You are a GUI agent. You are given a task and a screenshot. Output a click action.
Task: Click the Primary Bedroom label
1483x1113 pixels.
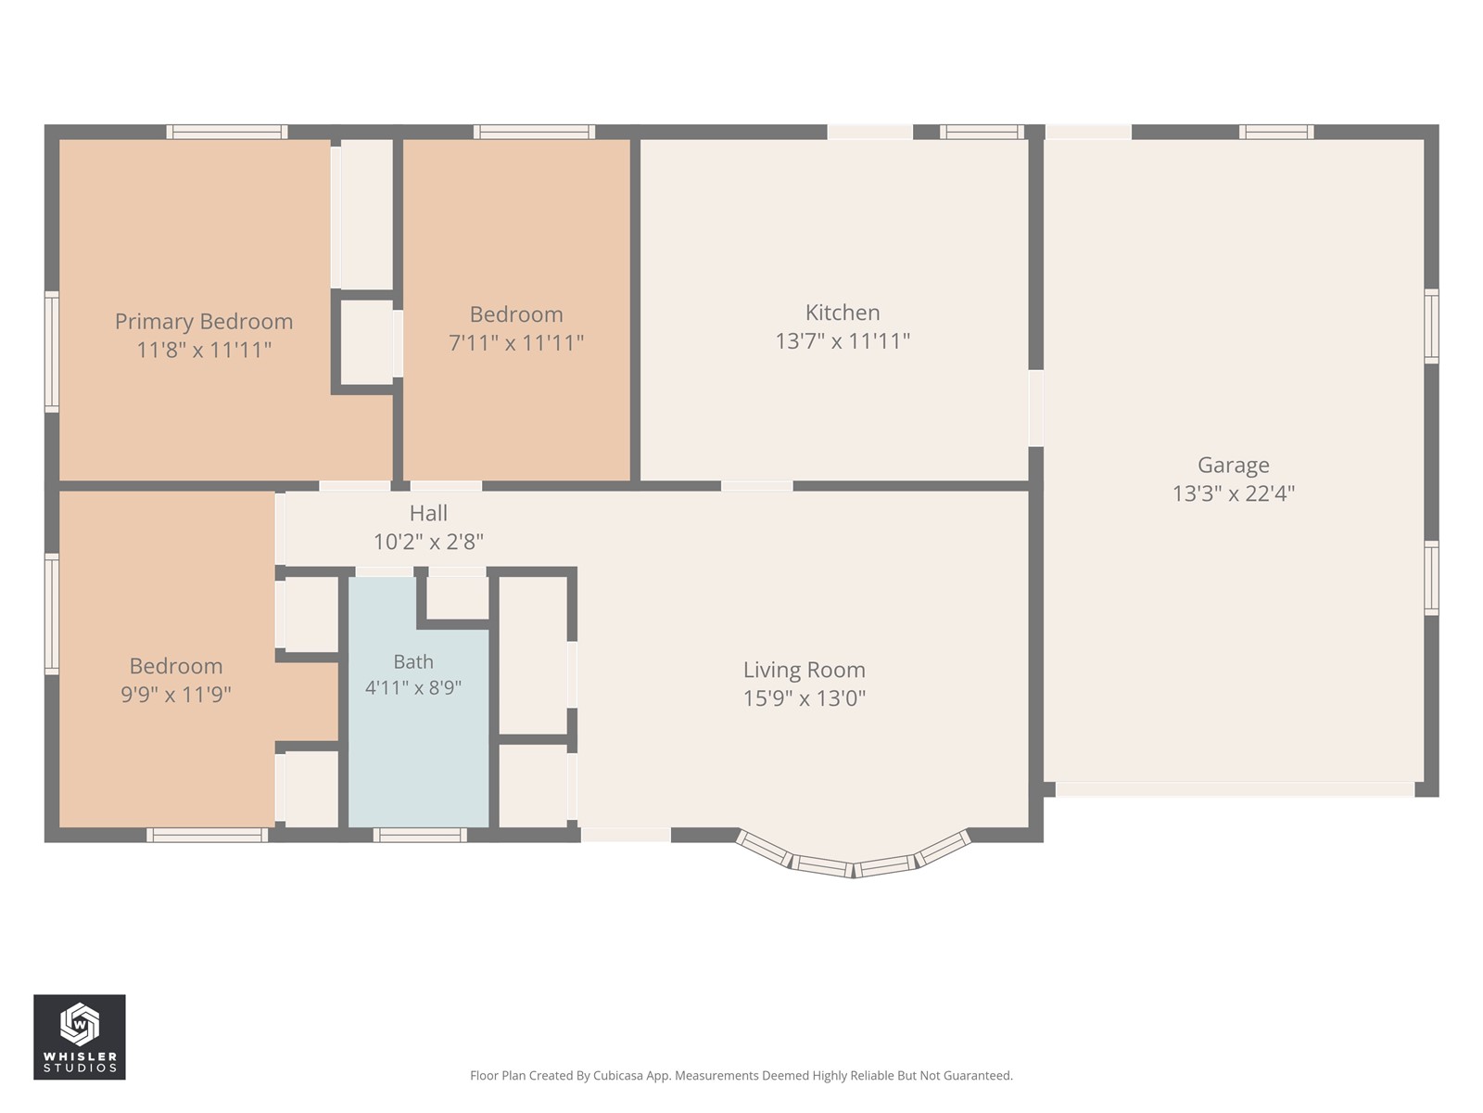[203, 322]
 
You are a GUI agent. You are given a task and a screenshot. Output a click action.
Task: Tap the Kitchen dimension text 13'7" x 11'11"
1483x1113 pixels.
[843, 340]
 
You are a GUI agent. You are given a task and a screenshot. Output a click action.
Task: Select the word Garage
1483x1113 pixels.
[1233, 465]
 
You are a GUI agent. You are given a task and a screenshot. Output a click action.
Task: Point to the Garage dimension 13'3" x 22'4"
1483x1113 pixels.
[1233, 493]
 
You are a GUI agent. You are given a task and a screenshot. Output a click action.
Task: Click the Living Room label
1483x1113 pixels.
[804, 670]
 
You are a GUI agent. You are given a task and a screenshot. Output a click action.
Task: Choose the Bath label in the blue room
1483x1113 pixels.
[412, 661]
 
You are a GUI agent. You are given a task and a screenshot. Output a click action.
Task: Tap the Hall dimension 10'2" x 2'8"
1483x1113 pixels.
[428, 542]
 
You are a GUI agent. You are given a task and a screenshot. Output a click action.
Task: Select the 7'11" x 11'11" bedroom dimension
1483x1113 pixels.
[516, 342]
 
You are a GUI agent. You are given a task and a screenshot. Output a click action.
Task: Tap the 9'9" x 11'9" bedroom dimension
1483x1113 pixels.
[176, 694]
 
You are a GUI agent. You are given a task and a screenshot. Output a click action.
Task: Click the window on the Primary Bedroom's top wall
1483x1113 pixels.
[227, 132]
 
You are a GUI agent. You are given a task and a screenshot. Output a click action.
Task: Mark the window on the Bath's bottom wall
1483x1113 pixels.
[420, 836]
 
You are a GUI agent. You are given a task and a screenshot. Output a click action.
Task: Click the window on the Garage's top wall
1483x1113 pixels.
[1276, 132]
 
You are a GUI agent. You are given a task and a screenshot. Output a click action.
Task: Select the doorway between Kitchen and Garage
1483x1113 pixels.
[1035, 407]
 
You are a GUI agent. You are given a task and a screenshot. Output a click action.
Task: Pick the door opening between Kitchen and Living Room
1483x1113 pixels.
[756, 486]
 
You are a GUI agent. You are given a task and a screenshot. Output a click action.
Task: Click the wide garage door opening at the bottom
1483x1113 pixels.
[1235, 789]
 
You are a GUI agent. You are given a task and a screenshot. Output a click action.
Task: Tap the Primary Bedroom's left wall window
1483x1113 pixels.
[52, 352]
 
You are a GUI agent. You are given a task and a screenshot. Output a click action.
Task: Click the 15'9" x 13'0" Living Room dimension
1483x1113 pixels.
[804, 698]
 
